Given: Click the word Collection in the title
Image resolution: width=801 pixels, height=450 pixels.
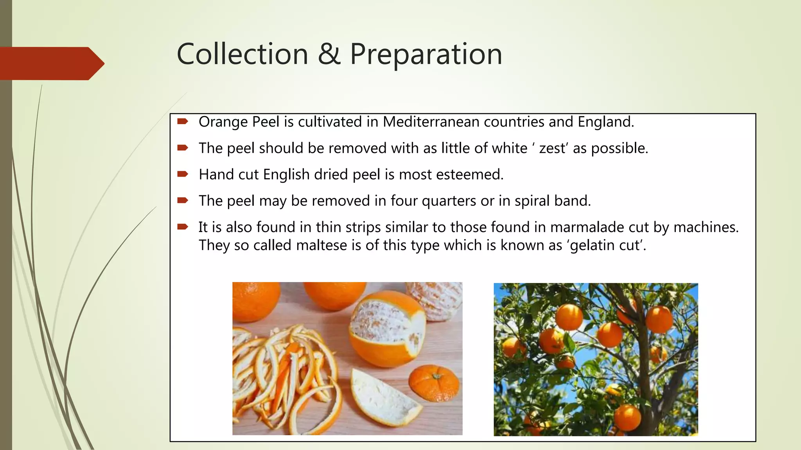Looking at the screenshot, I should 242,54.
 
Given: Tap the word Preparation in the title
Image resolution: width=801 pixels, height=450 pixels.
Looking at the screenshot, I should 426,54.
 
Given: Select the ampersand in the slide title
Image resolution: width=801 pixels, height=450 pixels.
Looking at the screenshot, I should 329,54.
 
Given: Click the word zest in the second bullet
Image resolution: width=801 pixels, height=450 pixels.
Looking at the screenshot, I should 552,148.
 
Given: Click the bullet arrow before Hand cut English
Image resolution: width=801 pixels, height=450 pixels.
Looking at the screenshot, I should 183,174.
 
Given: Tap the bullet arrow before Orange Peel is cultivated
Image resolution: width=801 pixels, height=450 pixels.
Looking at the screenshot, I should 183,121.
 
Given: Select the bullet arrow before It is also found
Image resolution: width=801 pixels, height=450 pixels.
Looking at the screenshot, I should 183,227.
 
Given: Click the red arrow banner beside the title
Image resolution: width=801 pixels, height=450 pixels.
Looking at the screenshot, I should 51,63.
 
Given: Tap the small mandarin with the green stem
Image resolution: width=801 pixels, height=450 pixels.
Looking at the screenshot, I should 434,383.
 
